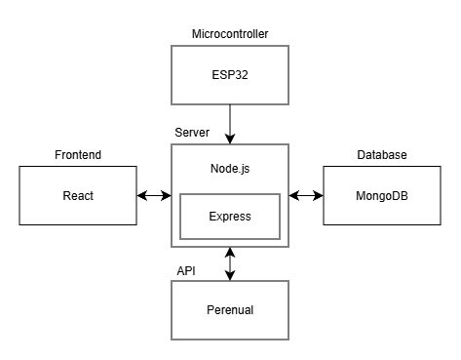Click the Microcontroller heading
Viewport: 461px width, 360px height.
(230, 34)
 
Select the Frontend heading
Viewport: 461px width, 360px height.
(77, 156)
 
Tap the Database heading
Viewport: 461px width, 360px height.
(381, 156)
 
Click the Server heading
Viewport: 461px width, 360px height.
(191, 133)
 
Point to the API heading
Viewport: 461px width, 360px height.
(185, 270)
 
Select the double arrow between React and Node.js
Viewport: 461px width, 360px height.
(153, 195)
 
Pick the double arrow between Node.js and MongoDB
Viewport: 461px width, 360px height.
(306, 195)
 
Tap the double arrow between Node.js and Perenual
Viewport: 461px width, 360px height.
(230, 261)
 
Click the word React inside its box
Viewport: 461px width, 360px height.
(78, 195)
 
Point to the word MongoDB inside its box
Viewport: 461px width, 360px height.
(381, 195)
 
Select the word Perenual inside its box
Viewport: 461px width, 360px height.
(230, 310)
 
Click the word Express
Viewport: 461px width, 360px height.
(230, 217)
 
